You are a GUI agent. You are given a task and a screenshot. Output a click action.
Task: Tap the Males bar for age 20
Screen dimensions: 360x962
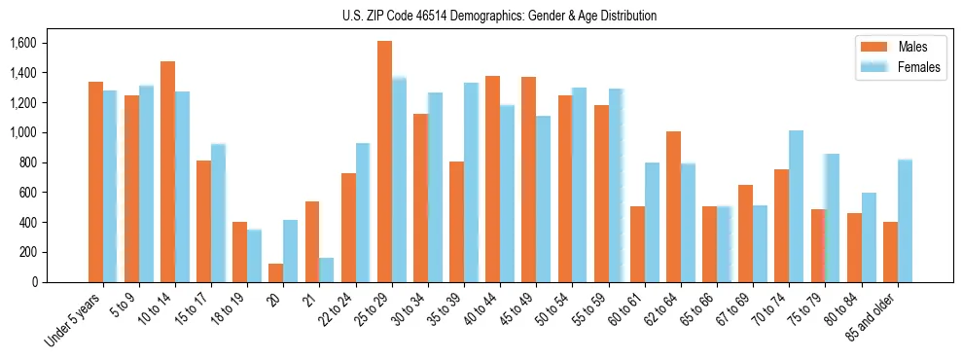point(276,272)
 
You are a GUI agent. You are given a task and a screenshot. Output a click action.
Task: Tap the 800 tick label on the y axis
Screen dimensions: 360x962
point(29,162)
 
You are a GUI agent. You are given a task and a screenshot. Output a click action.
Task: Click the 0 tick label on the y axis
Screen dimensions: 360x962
point(35,282)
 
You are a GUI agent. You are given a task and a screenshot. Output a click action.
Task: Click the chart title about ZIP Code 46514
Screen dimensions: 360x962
point(499,16)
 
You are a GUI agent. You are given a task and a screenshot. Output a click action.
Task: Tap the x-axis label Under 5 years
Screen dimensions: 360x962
point(72,317)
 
